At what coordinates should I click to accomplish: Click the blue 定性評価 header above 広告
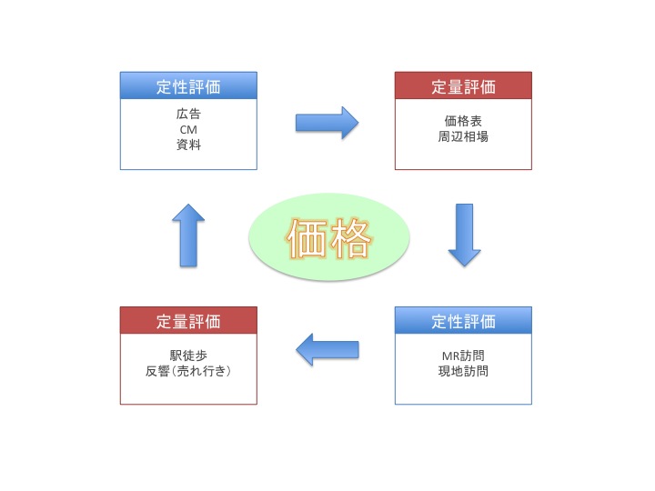point(188,87)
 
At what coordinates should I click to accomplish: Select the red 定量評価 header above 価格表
point(463,87)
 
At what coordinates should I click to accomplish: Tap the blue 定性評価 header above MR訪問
point(463,322)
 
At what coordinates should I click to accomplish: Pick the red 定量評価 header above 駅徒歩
point(188,322)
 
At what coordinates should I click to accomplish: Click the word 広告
point(188,115)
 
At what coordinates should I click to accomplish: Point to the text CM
point(188,130)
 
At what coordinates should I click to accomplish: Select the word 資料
point(188,145)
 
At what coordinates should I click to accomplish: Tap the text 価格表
point(463,123)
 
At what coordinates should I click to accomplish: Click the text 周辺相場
point(463,137)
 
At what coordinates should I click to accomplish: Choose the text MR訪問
point(463,356)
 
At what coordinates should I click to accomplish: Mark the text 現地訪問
point(463,371)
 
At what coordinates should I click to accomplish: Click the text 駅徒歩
point(188,356)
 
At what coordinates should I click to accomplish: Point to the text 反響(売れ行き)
point(188,371)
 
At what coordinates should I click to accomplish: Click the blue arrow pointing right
point(327,122)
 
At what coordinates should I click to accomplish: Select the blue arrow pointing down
point(464,235)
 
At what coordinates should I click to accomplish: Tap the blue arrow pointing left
point(327,349)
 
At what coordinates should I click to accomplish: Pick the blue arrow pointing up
point(188,235)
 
